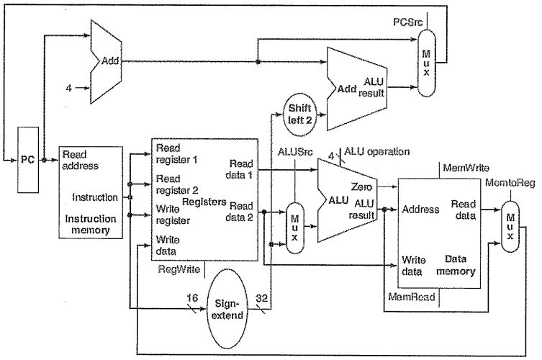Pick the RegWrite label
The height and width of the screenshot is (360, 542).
[x=178, y=269]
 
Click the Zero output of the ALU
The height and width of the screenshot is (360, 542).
[x=362, y=186]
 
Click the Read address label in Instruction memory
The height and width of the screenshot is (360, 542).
[x=80, y=159]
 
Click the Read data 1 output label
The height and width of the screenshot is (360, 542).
[x=241, y=168]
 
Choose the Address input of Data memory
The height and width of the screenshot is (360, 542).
[x=420, y=210]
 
